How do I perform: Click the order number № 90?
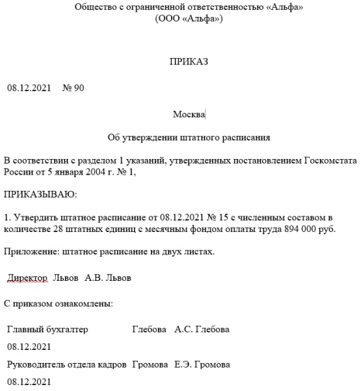tap(73, 87)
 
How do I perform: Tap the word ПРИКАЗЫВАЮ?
tap(40, 194)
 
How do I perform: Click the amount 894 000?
tap(304, 228)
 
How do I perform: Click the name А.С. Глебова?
tap(202, 329)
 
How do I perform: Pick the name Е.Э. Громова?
tap(202, 364)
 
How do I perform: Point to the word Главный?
tap(25, 329)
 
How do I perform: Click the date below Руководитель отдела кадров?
tap(29, 381)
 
